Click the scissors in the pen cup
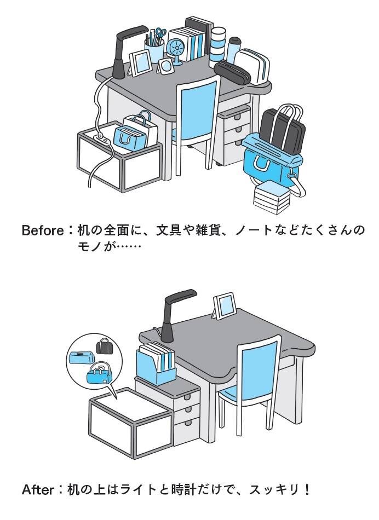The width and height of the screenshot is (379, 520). pyautogui.click(x=160, y=34)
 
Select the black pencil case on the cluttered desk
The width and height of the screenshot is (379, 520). pyautogui.click(x=232, y=74)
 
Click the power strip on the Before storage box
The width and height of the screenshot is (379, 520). pyautogui.click(x=102, y=139)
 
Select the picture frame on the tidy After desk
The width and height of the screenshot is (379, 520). pyautogui.click(x=225, y=306)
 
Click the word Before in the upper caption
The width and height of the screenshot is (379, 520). pyautogui.click(x=43, y=230)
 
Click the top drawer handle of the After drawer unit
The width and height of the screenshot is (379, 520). pyautogui.click(x=187, y=397)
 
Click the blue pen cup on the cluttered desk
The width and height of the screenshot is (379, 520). pyautogui.click(x=154, y=50)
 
